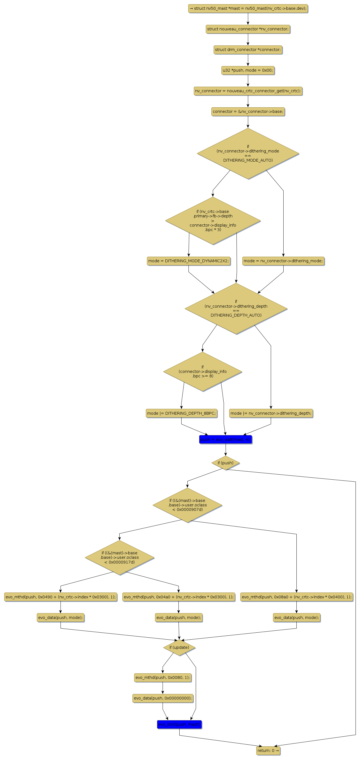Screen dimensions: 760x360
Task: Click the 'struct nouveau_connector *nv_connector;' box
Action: click(x=248, y=29)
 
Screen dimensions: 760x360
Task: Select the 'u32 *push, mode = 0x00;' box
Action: click(x=248, y=70)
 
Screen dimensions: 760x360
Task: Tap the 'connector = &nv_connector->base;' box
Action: click(x=248, y=111)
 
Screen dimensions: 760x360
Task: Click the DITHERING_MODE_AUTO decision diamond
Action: click(x=248, y=153)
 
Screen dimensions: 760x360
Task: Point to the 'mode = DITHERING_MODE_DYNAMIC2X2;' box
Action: click(x=188, y=261)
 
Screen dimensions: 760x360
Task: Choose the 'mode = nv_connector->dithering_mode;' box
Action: click(x=283, y=261)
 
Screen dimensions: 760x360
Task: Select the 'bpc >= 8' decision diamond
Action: click(x=202, y=371)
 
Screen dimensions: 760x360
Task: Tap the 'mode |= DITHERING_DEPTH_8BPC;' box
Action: click(x=181, y=413)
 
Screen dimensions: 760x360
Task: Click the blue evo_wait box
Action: click(x=225, y=439)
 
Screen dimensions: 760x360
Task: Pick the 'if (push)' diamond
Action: click(x=225, y=463)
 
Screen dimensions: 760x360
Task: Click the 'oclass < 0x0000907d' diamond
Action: click(x=187, y=505)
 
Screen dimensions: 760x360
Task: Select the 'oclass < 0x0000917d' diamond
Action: click(x=119, y=557)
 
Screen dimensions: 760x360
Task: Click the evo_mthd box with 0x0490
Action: click(x=61, y=597)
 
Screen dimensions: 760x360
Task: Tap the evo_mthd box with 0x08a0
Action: click(x=296, y=597)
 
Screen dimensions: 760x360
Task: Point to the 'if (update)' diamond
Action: click(x=179, y=647)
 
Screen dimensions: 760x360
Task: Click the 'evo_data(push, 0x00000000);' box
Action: click(x=163, y=698)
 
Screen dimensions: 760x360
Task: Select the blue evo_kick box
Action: click(x=179, y=724)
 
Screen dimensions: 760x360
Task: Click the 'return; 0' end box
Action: click(x=268, y=751)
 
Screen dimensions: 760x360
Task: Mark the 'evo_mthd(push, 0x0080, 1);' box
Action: click(x=163, y=678)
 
